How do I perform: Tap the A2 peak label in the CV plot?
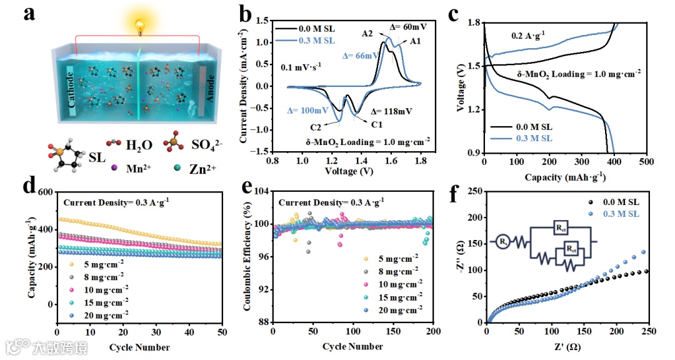click(367, 34)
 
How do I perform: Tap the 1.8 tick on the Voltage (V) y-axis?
click(474, 23)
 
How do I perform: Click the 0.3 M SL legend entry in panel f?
click(619, 214)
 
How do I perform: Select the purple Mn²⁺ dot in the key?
click(114, 167)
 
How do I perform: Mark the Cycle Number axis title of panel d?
click(139, 347)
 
